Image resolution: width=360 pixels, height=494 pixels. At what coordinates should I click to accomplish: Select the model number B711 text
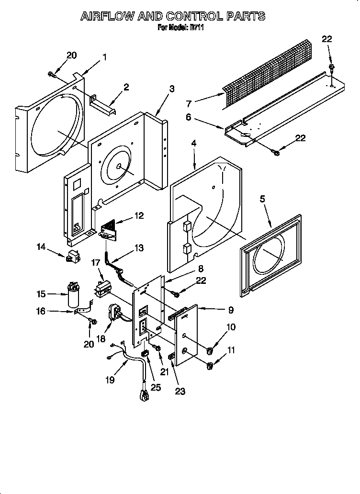coord(196,28)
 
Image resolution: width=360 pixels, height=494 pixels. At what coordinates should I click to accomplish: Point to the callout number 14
coord(41,247)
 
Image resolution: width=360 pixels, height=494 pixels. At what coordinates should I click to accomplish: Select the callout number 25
coord(156,387)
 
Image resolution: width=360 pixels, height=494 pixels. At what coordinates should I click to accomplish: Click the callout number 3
coord(171,89)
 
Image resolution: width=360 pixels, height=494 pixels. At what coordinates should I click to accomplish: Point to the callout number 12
coord(139,216)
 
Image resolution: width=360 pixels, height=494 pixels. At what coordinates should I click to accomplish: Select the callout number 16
coord(42,311)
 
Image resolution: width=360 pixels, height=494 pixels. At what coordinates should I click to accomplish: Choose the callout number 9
coord(230,310)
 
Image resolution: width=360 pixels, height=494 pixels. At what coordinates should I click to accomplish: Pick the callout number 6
coord(189,117)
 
